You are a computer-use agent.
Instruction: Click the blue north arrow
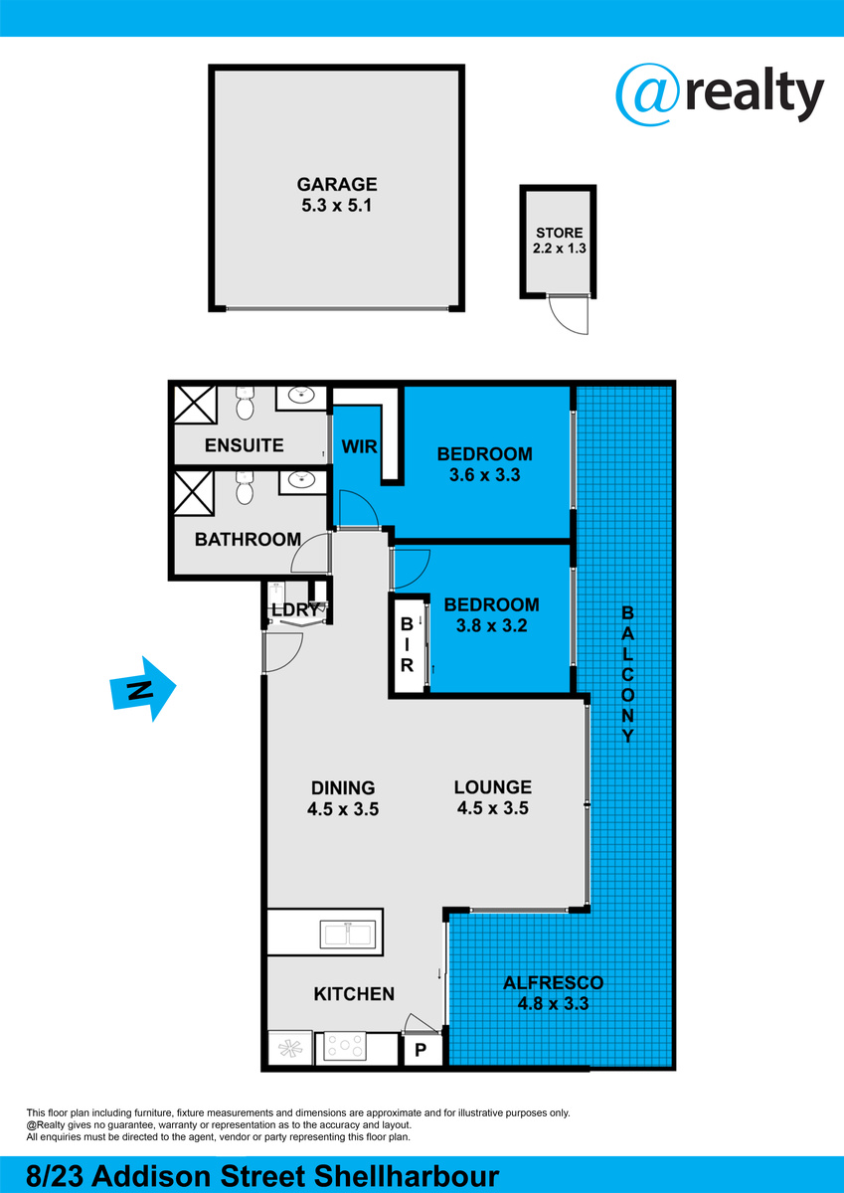(x=143, y=689)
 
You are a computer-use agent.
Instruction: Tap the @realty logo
(x=720, y=94)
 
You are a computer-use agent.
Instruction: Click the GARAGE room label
(x=337, y=184)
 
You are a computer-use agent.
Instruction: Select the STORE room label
(x=559, y=233)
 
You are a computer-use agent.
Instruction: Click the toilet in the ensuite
(x=245, y=404)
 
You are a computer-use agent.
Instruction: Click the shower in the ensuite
(x=196, y=405)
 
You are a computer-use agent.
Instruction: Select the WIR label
(x=360, y=446)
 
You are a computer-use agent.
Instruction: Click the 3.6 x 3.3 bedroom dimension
(x=484, y=474)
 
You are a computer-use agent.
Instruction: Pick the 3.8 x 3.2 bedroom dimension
(x=491, y=625)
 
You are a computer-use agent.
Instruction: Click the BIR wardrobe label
(x=407, y=644)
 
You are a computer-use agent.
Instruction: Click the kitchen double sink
(x=348, y=935)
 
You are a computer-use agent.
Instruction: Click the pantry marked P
(x=421, y=1050)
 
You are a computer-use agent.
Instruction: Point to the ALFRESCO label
(x=554, y=982)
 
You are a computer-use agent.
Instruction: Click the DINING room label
(x=343, y=787)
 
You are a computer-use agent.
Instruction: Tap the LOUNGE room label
(x=492, y=787)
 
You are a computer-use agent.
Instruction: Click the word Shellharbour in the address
(x=407, y=1176)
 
